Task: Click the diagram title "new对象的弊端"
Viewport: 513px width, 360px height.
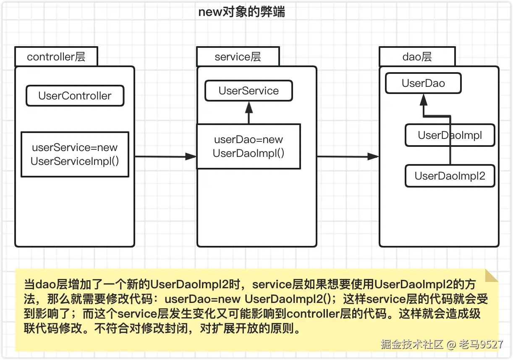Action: (x=242, y=12)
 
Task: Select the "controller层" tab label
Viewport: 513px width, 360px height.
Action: (x=56, y=57)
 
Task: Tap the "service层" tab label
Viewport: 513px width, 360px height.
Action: (x=238, y=57)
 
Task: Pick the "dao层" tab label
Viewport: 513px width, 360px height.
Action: (x=417, y=57)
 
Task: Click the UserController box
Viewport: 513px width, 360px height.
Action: (x=75, y=96)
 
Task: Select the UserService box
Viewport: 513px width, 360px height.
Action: (x=249, y=91)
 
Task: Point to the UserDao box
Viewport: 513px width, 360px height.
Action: (x=423, y=83)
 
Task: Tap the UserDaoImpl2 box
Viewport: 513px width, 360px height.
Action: (x=450, y=176)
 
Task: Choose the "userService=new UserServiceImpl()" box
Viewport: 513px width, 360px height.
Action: (x=75, y=154)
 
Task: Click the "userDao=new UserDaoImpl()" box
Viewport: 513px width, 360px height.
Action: (x=249, y=146)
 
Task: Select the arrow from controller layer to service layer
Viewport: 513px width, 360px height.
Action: (x=165, y=157)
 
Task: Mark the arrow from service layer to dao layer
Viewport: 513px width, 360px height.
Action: (x=348, y=157)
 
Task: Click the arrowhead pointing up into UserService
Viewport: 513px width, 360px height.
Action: (x=249, y=107)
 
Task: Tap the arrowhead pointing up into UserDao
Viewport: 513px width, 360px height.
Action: (x=424, y=100)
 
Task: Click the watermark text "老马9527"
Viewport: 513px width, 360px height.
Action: (x=481, y=344)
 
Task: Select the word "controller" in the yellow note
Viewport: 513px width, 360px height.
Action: (x=313, y=314)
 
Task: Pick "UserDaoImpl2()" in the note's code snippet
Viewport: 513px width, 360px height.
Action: (x=287, y=299)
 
